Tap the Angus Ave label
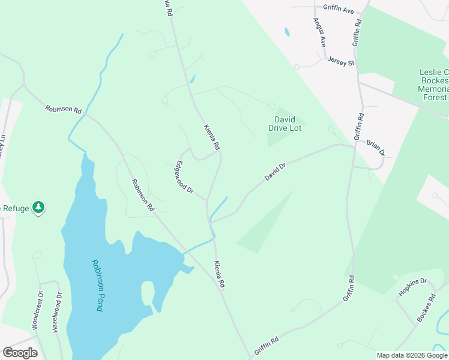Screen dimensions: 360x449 pos(319,32)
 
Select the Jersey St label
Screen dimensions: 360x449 pos(341,62)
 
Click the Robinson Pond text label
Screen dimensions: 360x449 pos(97,284)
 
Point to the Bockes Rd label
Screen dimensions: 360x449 pos(426,307)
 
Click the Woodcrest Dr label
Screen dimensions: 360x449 pos(38,311)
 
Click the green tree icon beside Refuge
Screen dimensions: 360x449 pos(39,207)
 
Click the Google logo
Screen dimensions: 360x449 pos(20,353)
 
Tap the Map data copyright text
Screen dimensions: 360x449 pos(412,355)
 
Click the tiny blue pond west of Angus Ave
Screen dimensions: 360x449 pos(287,32)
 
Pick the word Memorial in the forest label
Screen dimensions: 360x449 pos(433,89)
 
